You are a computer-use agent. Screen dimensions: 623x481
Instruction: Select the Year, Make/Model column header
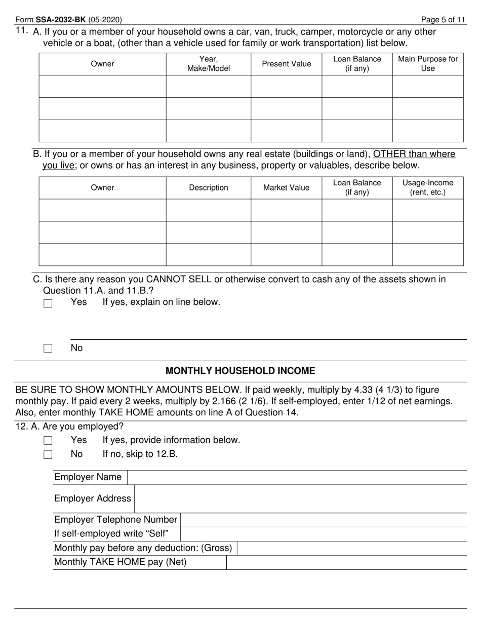coord(209,64)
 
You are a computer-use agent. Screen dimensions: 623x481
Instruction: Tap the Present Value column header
coord(286,64)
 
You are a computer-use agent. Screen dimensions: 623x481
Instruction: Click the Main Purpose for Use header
coord(428,64)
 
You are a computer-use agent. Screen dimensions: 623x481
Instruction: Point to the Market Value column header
coord(286,187)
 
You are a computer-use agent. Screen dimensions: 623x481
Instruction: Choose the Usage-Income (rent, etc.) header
coord(428,187)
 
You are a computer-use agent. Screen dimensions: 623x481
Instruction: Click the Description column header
coord(209,187)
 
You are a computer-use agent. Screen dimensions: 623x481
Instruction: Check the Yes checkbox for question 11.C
coord(48,303)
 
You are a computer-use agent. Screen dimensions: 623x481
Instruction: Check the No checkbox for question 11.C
coord(48,348)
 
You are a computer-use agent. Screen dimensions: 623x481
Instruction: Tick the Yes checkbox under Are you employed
coord(48,441)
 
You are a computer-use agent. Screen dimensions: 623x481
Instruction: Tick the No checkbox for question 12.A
coord(48,454)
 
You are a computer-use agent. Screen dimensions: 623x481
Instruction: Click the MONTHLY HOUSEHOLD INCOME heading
coord(240,371)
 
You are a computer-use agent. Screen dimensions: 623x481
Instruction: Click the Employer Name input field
coord(297,477)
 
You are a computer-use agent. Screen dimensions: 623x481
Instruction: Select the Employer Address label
coord(93,498)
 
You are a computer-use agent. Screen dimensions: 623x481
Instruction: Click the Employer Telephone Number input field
coord(323,520)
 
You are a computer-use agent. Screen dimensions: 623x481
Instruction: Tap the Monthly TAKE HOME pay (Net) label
coord(121,562)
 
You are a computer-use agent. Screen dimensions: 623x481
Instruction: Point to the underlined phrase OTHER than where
coord(414,154)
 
